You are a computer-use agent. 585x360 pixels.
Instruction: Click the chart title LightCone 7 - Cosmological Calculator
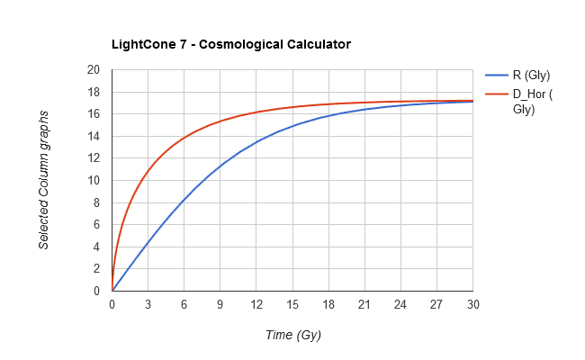pos(230,43)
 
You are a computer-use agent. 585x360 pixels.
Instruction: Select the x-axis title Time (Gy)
pos(292,335)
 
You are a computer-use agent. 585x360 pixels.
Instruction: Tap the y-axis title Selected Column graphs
pos(43,180)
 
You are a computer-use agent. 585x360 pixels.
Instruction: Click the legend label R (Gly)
pos(531,76)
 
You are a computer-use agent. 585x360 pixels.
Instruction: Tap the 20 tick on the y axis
pos(94,70)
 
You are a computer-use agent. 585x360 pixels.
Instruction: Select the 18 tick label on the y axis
pos(94,92)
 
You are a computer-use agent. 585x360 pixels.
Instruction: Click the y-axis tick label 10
pos(94,180)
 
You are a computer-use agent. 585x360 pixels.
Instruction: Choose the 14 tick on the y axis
pos(94,136)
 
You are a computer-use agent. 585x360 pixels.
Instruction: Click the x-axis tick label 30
pos(472,304)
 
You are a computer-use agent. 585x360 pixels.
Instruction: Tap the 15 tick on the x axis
pos(292,304)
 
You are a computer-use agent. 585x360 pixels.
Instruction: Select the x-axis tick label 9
pos(220,304)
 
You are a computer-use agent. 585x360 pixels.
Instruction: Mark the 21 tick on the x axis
pos(364,304)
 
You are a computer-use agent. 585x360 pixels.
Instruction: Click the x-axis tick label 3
pos(148,304)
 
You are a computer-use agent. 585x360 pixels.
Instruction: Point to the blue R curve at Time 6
pos(184,200)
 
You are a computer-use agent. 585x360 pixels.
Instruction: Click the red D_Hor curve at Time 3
pos(148,171)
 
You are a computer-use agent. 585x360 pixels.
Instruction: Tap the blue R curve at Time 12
pos(256,142)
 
